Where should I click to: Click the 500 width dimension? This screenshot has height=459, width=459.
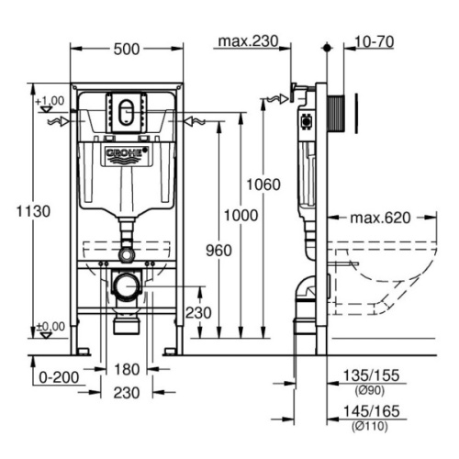click(127, 49)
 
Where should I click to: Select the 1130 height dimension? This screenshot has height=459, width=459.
click(33, 211)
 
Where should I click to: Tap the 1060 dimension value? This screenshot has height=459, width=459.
click(263, 185)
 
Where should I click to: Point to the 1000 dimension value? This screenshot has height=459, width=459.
click(241, 216)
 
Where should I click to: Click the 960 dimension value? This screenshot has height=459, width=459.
click(218, 251)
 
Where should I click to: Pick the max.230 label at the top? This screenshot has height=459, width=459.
click(248, 41)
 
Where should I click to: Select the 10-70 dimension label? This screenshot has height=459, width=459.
click(374, 42)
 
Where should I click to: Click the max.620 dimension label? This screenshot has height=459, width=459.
click(380, 218)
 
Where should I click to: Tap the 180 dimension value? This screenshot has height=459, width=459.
click(127, 369)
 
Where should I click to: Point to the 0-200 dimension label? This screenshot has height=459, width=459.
click(59, 377)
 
